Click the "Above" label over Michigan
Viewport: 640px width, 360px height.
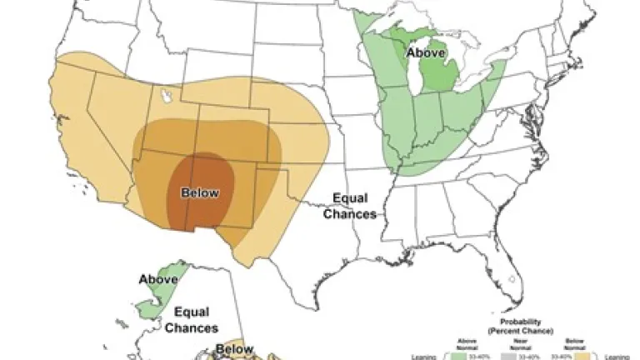(x=425, y=52)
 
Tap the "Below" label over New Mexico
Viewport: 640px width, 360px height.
(x=200, y=193)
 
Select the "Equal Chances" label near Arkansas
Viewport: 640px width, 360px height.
(x=353, y=206)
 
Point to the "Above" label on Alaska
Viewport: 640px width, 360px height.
(x=158, y=279)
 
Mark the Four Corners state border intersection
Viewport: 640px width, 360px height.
(x=197, y=152)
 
